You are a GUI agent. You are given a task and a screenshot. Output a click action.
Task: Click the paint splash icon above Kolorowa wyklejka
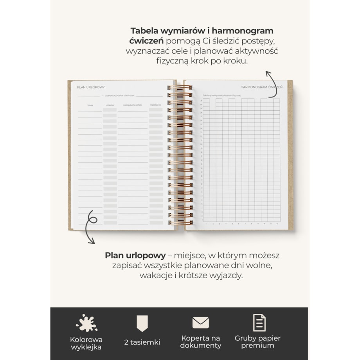pos(86,323)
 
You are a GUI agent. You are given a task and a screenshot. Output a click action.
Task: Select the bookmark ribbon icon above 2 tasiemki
pos(142,324)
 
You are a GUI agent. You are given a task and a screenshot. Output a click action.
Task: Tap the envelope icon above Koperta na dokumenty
pos(200,323)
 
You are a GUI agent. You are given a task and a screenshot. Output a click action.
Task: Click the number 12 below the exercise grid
pos(277,224)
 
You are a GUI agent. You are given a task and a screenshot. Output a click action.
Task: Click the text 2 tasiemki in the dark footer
pos(142,342)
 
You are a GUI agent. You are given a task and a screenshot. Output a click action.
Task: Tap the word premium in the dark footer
pos(257,346)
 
